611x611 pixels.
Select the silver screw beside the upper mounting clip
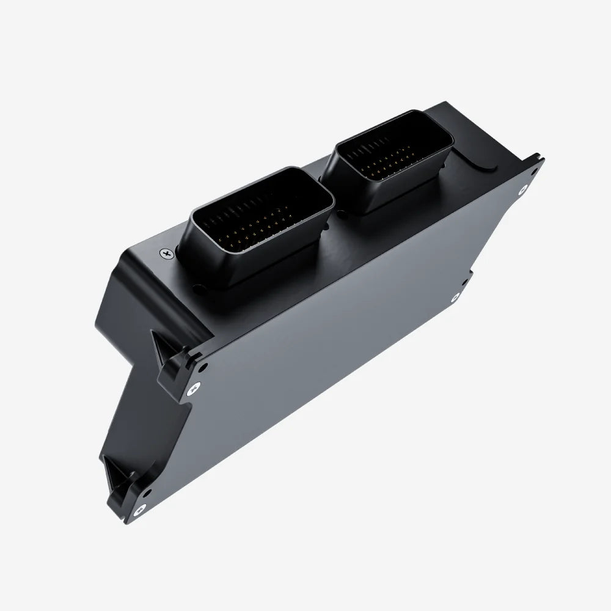point(194,387)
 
